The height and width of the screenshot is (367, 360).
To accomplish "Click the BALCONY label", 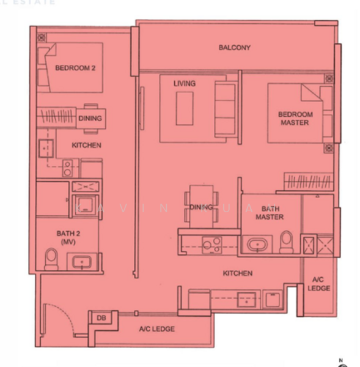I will click(235, 48).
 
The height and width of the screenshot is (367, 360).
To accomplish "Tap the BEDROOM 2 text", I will click(75, 68).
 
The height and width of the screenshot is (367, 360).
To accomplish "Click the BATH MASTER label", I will click(269, 213).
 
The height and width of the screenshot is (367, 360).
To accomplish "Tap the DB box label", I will click(100, 317).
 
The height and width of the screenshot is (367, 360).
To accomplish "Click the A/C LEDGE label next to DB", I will click(156, 329).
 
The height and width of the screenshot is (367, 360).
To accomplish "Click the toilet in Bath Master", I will click(285, 243).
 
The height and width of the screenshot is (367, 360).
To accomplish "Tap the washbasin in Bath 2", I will click(81, 262).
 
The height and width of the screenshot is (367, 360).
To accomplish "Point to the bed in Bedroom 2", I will click(70, 67).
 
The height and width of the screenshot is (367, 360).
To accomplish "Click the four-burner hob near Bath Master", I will click(211, 244).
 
